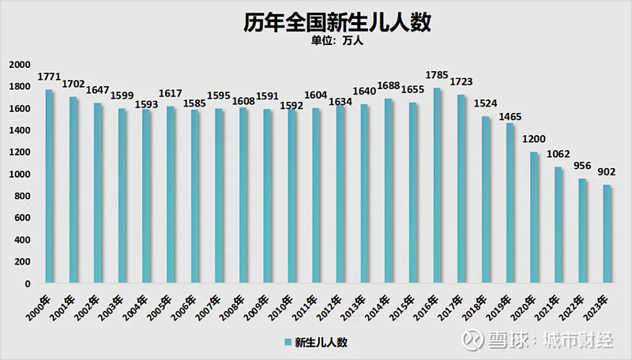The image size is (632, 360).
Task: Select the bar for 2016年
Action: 437,186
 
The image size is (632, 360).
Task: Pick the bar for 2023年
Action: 608,234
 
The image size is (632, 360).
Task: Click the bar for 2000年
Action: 49,186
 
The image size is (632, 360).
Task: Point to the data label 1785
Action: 437,77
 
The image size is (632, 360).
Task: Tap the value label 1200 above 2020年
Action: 535,141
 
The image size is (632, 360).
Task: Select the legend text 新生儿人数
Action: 321,343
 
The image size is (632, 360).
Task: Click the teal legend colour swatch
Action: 288,343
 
